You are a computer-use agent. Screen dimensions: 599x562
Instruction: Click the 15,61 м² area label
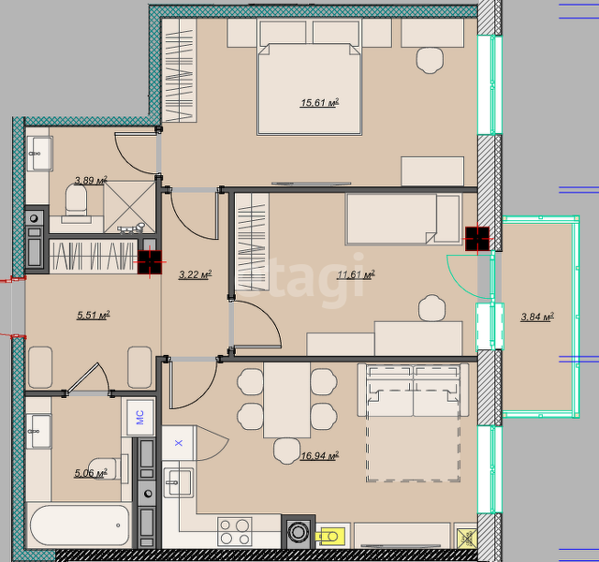pos(320,103)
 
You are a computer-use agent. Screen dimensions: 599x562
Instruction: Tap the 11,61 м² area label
pos(356,274)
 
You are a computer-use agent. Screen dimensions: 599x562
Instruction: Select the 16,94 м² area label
pos(320,456)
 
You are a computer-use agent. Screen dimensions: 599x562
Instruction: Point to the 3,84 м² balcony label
pos(537,317)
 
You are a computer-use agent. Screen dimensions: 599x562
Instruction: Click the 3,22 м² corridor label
pos(196,274)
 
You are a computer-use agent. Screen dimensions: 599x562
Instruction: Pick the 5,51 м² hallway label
pos(94,315)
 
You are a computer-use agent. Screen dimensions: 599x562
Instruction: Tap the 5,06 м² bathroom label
pos(91,473)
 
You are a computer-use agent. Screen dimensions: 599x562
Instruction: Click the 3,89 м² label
pos(91,180)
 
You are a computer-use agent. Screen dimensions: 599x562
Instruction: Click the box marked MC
pos(140,417)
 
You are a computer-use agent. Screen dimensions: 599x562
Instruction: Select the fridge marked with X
pos(179,443)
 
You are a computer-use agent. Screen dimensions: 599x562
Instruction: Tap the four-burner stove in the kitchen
pos(235,532)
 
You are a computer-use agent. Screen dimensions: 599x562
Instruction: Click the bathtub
pos(79,525)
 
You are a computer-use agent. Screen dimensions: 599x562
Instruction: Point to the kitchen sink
pos(179,482)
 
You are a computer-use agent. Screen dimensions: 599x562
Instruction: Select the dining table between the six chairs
pos(287,400)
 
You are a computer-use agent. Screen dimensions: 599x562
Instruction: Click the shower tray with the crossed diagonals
pos(129,207)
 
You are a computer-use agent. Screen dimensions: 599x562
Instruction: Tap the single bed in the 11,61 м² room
pos(403,218)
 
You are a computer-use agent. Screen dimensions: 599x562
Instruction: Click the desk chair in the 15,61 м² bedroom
pos(431,60)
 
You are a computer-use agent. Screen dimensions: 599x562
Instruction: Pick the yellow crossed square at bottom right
pos(466,539)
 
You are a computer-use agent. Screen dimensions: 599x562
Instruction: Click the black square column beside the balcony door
pos(477,239)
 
